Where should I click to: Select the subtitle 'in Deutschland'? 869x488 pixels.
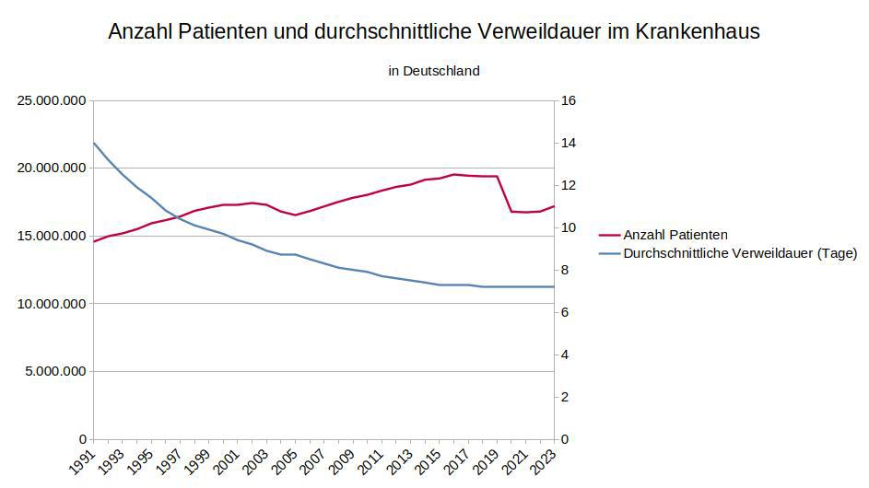pos(434,71)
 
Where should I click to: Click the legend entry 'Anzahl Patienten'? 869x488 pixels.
pos(675,235)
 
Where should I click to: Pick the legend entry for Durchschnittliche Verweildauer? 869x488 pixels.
pos(740,252)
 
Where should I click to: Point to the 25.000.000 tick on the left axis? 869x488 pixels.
pos(52,100)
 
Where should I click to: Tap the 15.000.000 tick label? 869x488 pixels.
pos(52,236)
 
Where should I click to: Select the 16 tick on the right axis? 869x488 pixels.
pos(569,100)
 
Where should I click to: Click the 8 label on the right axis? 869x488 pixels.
pos(565,270)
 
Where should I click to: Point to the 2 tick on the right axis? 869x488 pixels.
pos(565,397)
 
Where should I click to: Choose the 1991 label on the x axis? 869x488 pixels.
pos(82,460)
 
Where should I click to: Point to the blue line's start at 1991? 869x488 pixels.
pos(94,143)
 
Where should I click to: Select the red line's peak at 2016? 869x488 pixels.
pos(453,174)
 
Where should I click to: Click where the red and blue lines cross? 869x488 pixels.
pos(176,217)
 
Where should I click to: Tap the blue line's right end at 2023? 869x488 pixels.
pos(554,286)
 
